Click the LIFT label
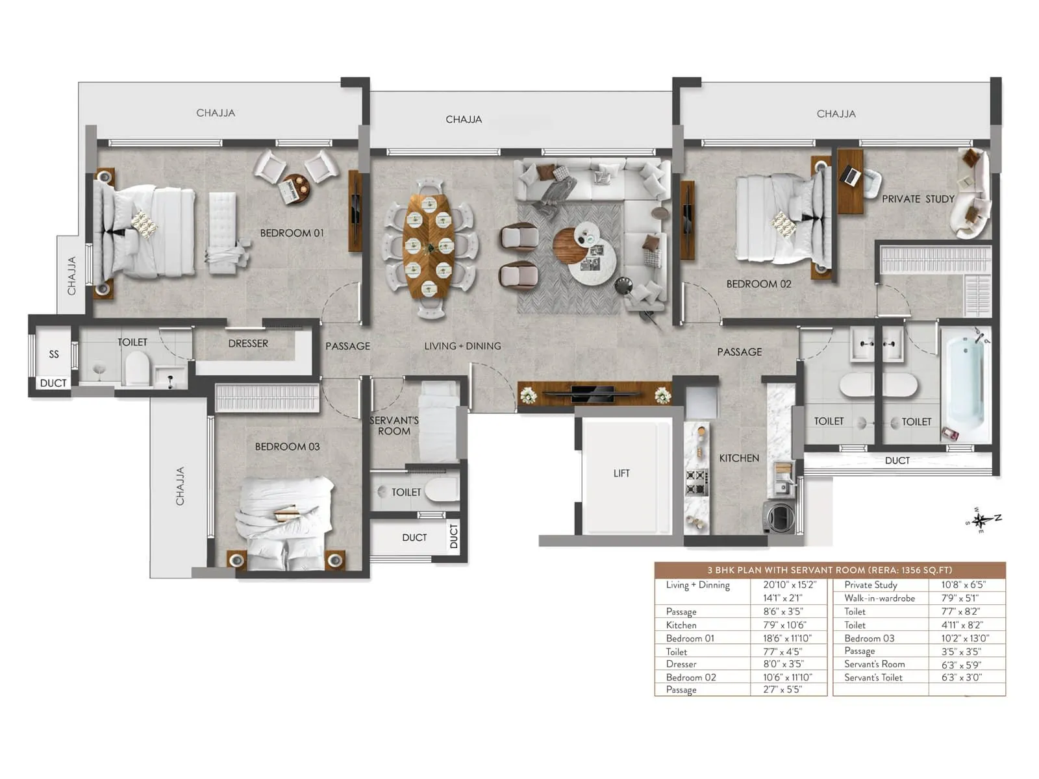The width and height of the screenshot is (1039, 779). pyautogui.click(x=621, y=473)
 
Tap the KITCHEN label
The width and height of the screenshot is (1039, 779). pyautogui.click(x=739, y=458)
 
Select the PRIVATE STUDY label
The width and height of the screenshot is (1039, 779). pyautogui.click(x=918, y=199)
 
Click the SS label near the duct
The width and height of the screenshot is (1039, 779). pyautogui.click(x=54, y=354)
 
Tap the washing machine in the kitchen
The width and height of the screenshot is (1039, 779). pyautogui.click(x=780, y=517)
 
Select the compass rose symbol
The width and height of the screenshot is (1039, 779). pyautogui.click(x=981, y=520)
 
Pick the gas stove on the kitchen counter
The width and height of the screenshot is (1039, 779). pyautogui.click(x=696, y=482)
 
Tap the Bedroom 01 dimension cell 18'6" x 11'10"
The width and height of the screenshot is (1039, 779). pyautogui.click(x=786, y=638)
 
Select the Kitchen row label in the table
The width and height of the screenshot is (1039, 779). pyautogui.click(x=681, y=625)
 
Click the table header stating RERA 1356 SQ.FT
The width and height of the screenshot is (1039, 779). pyautogui.click(x=829, y=570)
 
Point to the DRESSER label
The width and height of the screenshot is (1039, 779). pyautogui.click(x=248, y=343)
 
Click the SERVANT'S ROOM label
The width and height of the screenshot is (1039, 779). pyautogui.click(x=394, y=426)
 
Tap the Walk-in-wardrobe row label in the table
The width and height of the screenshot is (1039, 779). pyautogui.click(x=879, y=599)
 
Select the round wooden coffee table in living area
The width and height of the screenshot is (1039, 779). pyautogui.click(x=570, y=243)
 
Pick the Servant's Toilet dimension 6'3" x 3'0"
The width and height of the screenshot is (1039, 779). pyautogui.click(x=961, y=678)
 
